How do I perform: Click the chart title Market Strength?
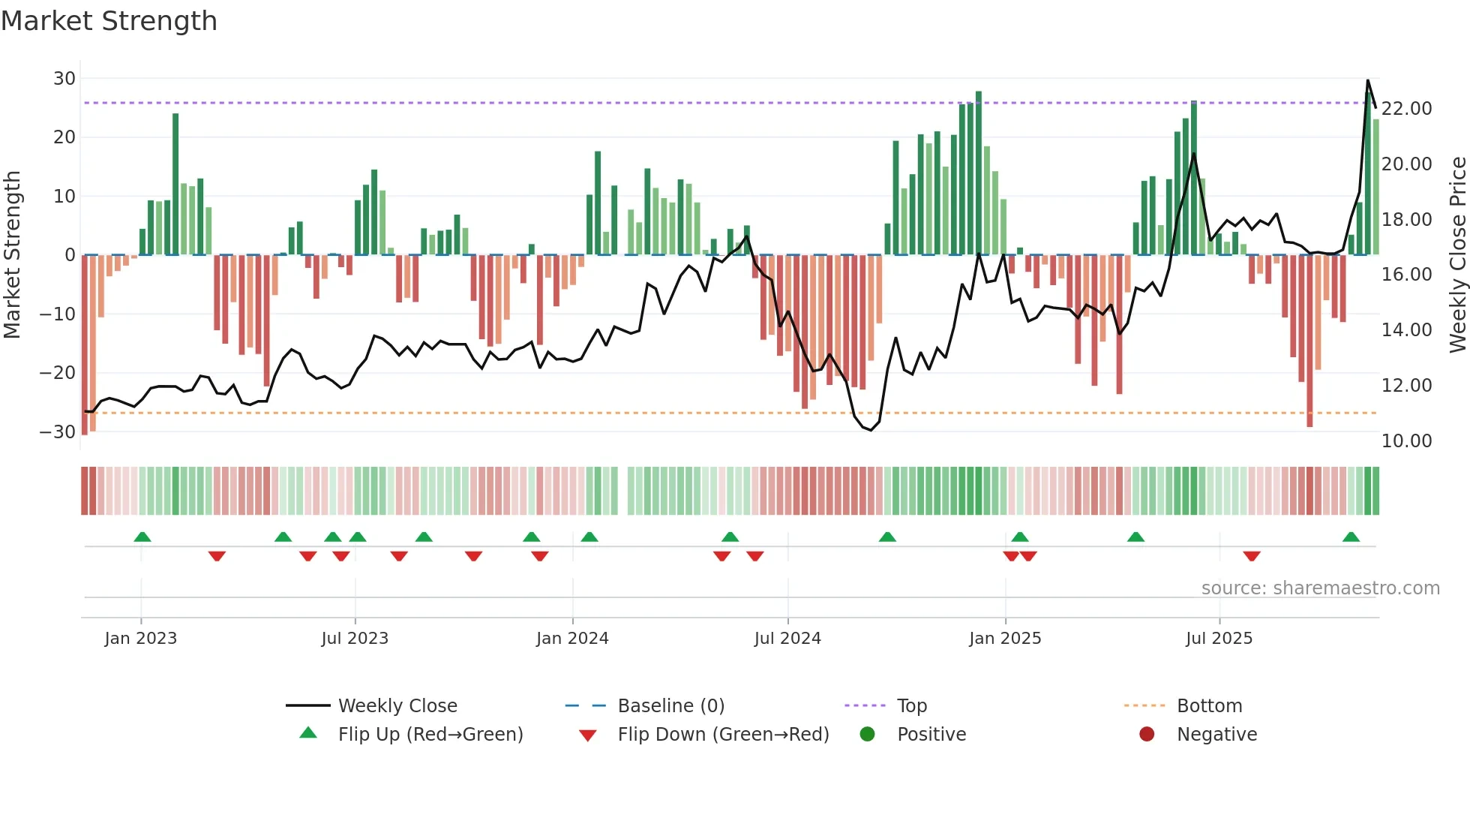109,21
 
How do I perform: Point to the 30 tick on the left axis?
64,79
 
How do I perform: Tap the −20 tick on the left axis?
57,373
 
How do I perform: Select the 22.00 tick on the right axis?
1406,109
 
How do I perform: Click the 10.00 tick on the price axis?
1406,441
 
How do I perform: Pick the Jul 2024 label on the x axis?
787,639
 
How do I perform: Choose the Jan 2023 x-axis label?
141,639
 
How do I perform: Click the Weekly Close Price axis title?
1457,255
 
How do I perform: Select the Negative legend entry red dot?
1147,735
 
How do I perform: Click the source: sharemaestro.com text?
1320,588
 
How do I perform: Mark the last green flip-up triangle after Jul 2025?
1351,537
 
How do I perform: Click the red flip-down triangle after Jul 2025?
1251,556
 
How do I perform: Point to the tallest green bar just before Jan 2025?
979,173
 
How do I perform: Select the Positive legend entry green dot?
868,735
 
